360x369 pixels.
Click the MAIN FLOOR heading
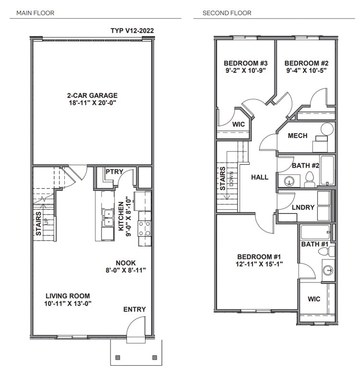[x=35, y=13]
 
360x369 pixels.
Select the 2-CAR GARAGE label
[x=93, y=95]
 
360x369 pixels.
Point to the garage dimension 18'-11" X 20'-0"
[x=93, y=103]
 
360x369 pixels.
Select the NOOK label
[x=125, y=263]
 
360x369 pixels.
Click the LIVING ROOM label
[x=68, y=296]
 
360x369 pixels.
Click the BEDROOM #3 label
[x=245, y=63]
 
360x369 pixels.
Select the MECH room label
[x=298, y=136]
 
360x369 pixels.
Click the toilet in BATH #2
[x=310, y=180]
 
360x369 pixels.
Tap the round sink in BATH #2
[x=289, y=181]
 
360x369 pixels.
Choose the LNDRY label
[x=303, y=208]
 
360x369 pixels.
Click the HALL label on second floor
[x=260, y=177]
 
